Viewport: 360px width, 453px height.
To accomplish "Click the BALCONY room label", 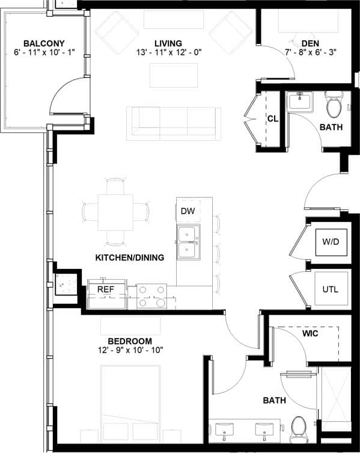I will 43,43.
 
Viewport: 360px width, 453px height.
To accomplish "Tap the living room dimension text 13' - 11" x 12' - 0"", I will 168,53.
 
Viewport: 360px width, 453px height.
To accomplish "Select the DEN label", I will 310,43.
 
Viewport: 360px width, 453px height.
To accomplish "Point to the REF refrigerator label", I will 106,289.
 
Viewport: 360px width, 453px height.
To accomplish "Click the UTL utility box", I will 330,289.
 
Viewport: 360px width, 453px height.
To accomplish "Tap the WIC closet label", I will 311,333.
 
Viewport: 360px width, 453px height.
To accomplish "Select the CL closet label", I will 272,119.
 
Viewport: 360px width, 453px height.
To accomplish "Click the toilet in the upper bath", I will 333,106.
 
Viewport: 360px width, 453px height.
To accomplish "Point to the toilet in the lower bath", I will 299,428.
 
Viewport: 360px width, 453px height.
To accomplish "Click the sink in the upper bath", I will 298,100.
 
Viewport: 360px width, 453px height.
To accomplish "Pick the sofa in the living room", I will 174,123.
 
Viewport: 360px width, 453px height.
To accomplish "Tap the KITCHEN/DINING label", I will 130,257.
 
